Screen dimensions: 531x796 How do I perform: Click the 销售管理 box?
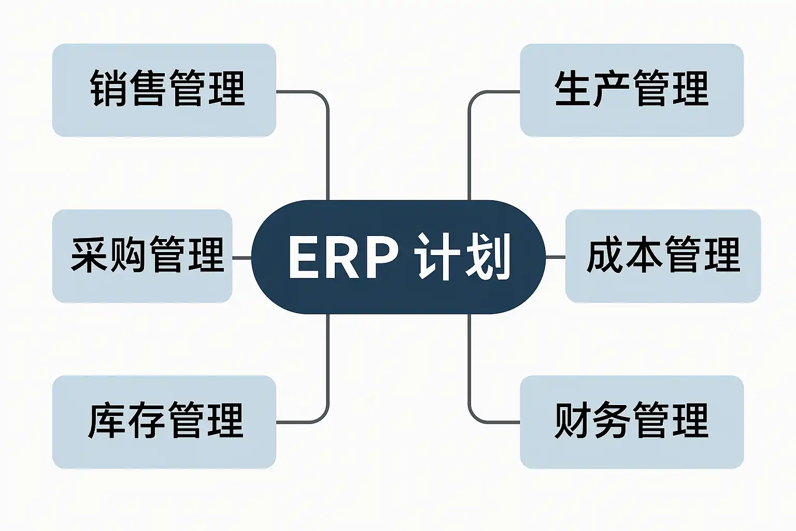point(164,90)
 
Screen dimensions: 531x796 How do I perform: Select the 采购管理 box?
point(142,256)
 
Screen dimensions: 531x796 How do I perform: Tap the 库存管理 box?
point(164,422)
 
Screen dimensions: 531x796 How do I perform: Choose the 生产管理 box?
point(632,90)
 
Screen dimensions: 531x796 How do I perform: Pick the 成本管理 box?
point(663,256)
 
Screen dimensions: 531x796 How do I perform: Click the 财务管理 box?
point(632,422)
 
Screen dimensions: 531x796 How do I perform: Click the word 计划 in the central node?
point(462,256)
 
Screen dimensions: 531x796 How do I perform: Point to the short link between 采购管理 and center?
point(241,258)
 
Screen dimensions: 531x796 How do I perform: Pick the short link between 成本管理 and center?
point(556,257)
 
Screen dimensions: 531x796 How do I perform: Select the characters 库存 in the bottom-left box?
point(126,420)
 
